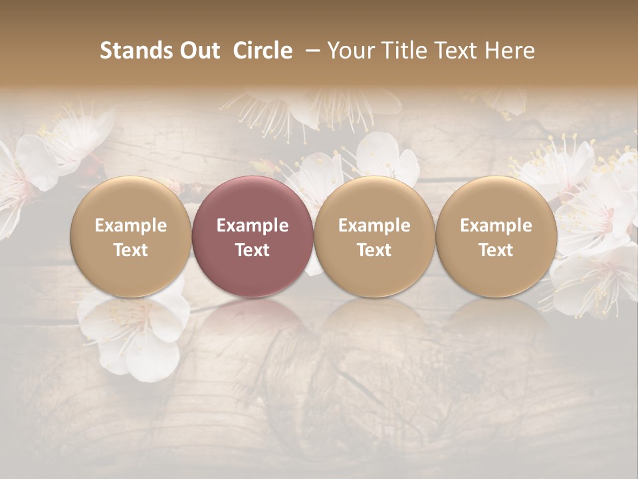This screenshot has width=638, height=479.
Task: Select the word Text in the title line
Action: coord(459,51)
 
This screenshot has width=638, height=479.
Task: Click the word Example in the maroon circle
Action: coord(253,226)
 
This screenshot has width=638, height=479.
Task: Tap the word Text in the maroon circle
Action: coord(253,250)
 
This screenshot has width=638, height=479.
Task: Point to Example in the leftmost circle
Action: coord(131,226)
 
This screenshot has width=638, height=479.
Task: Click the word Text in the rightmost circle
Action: coord(496,250)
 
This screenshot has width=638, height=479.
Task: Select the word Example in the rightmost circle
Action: coord(496,226)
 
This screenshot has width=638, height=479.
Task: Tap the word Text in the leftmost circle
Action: coord(131,250)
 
